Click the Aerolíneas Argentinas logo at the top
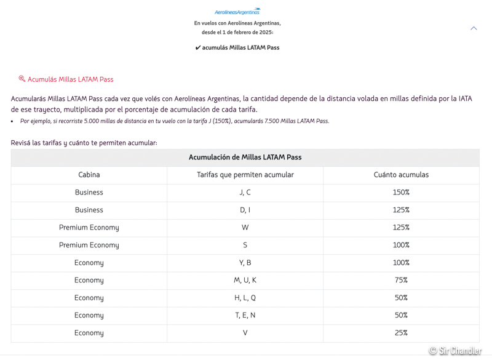pos(237,12)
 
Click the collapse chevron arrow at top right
pos(474,28)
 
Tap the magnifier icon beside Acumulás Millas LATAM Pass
pos(22,79)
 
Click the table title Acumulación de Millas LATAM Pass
pos(245,158)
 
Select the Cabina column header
pos(89,175)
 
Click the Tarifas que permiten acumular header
pos(245,175)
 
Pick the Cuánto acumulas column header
pos(401,175)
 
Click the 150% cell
pos(401,193)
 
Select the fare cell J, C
pos(245,193)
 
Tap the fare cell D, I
pos(245,210)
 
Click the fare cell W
pos(245,228)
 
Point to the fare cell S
pos(245,245)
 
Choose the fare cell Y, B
pos(245,263)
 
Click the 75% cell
pos(401,280)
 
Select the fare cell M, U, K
pos(245,280)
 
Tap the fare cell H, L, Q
pos(245,298)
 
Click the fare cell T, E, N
pos(245,315)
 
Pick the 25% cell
pos(401,333)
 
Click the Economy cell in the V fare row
pos(89,333)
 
